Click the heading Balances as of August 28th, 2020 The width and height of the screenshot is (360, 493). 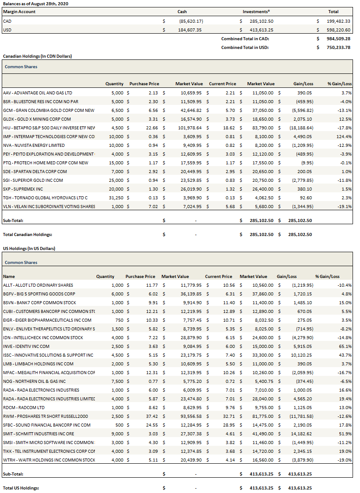35,3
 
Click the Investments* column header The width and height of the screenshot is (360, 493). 256,12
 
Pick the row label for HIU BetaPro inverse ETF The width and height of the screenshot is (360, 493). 49,128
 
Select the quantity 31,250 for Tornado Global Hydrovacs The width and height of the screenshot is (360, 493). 115,198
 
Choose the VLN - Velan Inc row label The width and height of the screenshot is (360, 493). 49,206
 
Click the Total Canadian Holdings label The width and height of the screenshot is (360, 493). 28,234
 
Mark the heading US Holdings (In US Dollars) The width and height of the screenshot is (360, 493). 29,248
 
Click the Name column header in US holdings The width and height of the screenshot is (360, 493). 9,276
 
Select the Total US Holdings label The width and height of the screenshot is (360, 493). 21,488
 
